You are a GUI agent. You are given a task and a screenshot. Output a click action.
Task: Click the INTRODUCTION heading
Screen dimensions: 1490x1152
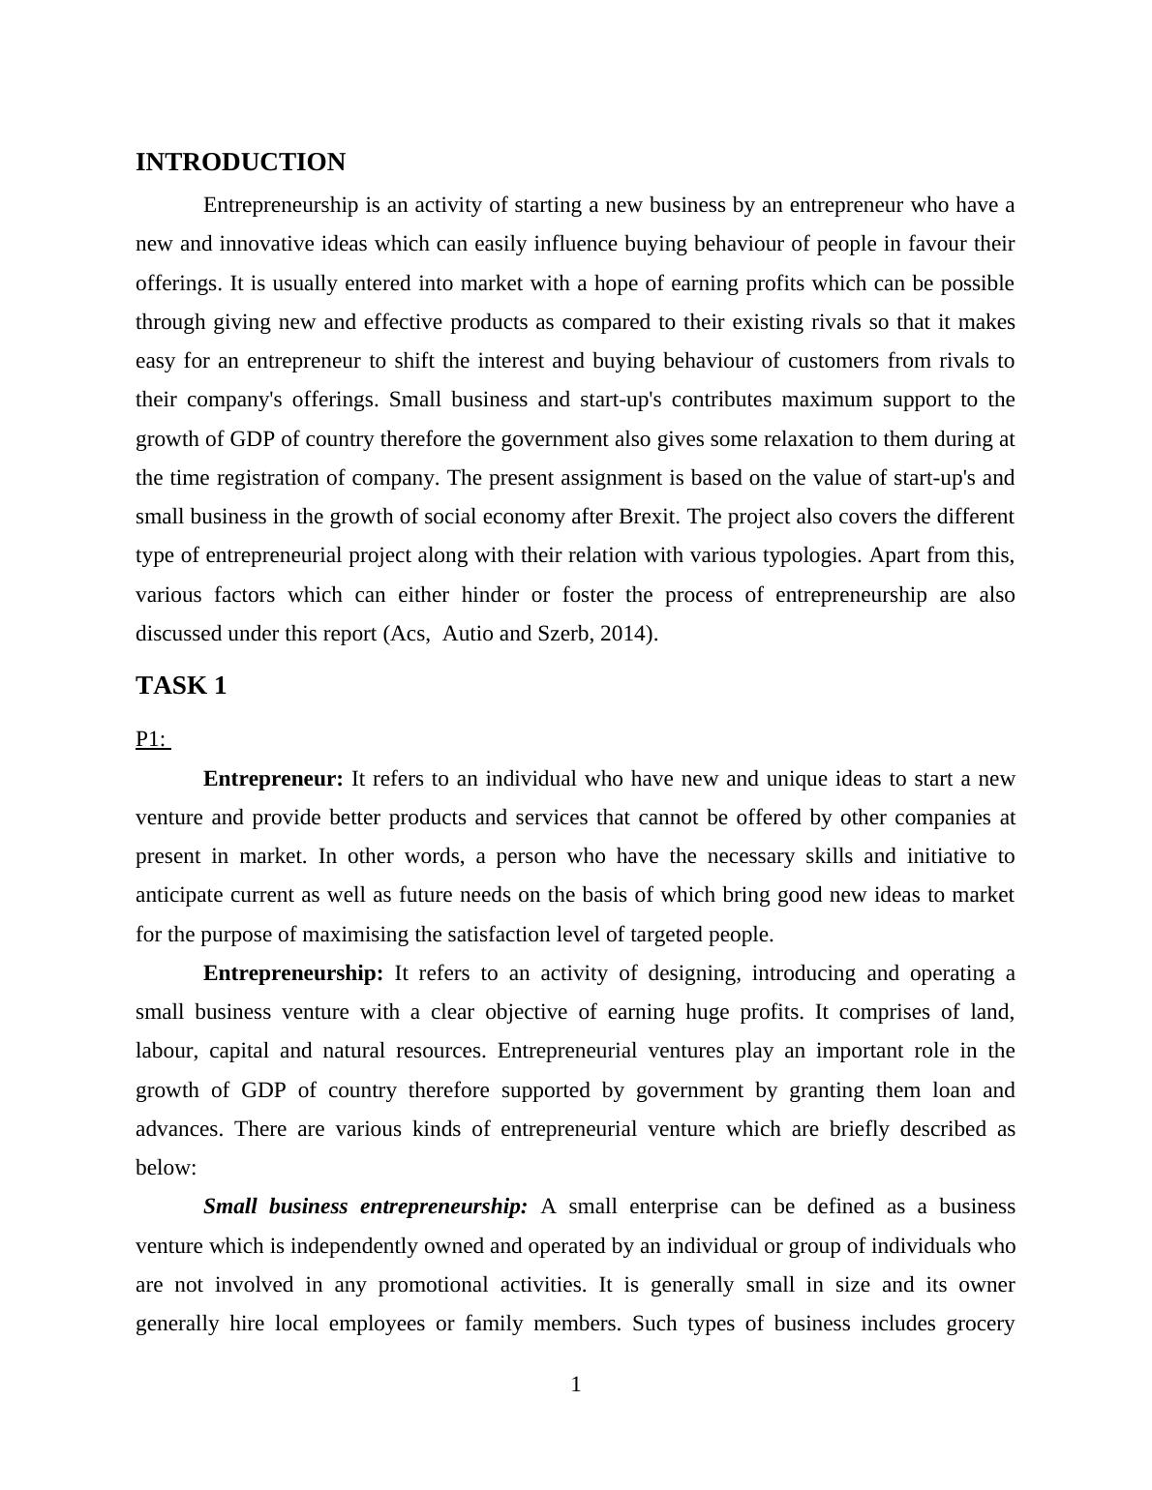[x=240, y=163]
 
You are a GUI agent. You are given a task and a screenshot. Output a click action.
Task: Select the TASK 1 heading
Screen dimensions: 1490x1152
[x=181, y=686]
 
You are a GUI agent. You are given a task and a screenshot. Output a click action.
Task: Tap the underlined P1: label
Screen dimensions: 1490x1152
[x=152, y=739]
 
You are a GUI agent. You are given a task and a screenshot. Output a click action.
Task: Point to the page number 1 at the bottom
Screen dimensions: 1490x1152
[x=576, y=1385]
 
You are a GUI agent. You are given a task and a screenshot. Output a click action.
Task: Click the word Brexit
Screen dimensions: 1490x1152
[x=649, y=517]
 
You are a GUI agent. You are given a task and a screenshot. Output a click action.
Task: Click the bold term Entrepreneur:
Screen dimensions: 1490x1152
[x=273, y=779]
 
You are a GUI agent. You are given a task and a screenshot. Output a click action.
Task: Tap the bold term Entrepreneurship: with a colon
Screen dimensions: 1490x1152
[x=293, y=973]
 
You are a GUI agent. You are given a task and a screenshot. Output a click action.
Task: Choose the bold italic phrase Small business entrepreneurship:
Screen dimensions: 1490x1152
[x=365, y=1207]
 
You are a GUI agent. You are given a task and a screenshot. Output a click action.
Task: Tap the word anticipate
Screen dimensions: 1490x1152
[x=179, y=895]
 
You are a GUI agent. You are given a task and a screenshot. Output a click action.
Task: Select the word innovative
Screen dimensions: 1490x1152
[x=269, y=244]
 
